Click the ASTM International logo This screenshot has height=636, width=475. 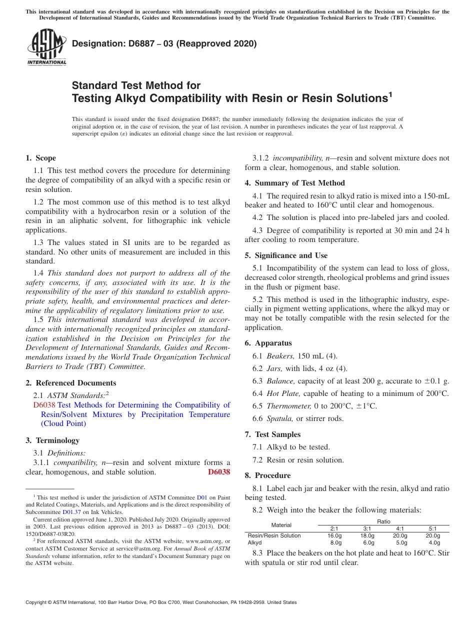point(46,47)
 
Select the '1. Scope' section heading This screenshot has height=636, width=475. point(40,158)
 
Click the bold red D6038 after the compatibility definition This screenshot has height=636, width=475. point(219,472)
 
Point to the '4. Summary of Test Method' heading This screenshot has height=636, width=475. point(294,183)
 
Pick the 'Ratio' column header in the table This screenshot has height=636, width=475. point(383,521)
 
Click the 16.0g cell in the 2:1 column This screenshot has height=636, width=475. point(334,535)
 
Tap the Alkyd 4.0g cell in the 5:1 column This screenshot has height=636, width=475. point(434,542)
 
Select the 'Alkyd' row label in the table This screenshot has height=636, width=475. point(255,542)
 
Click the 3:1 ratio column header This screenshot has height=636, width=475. point(367,528)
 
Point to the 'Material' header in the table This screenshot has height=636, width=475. point(281,524)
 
